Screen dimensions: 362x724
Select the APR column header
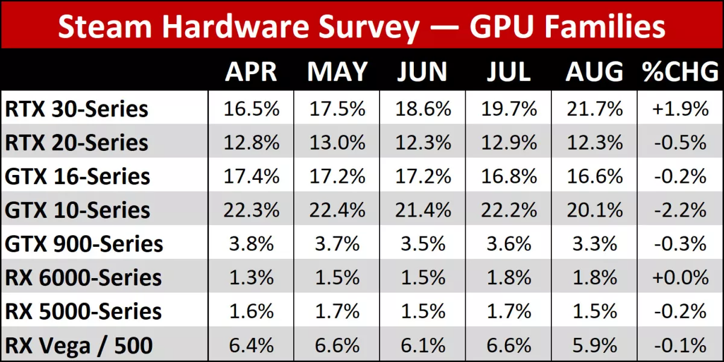(x=251, y=72)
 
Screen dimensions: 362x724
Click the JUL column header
(x=509, y=72)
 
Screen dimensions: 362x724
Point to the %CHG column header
(x=680, y=72)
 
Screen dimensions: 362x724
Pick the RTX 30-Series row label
(x=77, y=109)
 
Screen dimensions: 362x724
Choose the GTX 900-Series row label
(x=84, y=244)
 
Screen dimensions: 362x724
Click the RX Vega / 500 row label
(x=79, y=346)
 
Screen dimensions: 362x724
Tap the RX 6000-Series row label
(x=83, y=278)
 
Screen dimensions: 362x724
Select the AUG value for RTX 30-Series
(x=594, y=109)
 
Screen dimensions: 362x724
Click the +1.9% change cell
(x=680, y=109)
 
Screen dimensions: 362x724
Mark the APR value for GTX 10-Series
(x=251, y=211)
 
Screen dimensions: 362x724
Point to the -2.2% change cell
(x=680, y=211)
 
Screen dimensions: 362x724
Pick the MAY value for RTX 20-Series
(x=337, y=143)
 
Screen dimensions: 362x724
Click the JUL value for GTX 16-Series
(x=509, y=177)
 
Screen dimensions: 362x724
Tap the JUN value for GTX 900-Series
(x=423, y=244)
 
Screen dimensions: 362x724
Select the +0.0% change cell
(x=680, y=278)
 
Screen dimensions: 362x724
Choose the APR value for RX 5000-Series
(x=251, y=312)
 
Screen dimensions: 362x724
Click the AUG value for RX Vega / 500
(x=594, y=346)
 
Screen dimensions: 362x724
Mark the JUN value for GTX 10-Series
(x=423, y=211)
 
